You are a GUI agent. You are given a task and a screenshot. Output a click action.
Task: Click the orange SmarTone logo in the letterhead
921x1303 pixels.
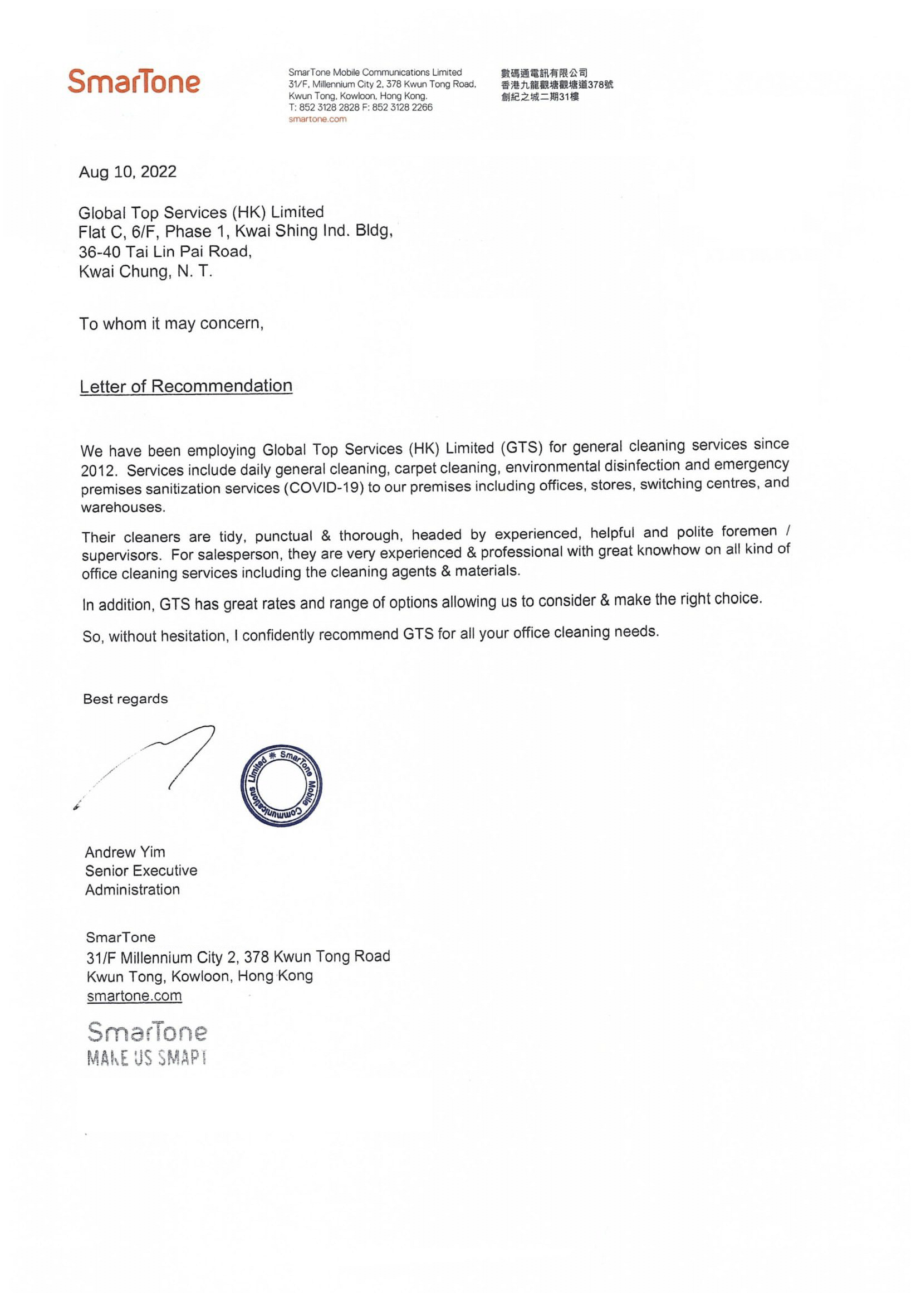coord(134,82)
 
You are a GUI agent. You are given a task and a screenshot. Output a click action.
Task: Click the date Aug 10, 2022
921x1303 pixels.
coord(128,172)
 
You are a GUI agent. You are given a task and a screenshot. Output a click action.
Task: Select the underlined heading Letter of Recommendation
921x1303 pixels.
coord(186,386)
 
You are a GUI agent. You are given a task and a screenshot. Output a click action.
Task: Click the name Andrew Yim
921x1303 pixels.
coord(125,852)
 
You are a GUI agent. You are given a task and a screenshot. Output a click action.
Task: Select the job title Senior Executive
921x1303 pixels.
coord(141,871)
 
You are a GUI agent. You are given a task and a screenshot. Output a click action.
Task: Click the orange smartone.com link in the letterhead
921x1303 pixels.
coord(317,119)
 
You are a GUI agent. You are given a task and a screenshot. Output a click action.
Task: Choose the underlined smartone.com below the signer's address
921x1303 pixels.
coord(134,996)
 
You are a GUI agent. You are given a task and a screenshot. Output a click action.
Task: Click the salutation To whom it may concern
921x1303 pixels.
coord(172,323)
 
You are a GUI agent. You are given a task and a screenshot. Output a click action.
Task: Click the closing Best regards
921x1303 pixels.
coord(125,699)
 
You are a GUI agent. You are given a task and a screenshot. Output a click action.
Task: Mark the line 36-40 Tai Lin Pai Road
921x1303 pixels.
coord(165,251)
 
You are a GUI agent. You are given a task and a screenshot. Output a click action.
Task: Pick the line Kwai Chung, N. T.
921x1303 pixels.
coord(146,271)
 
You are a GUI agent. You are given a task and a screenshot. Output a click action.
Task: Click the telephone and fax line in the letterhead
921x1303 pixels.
coord(360,107)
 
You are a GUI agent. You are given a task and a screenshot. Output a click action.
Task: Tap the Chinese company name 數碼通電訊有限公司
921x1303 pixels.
coord(544,72)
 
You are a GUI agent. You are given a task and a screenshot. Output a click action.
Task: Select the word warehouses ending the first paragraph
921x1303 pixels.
coord(123,507)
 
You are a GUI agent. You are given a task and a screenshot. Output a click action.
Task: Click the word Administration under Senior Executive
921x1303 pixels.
coord(132,889)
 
